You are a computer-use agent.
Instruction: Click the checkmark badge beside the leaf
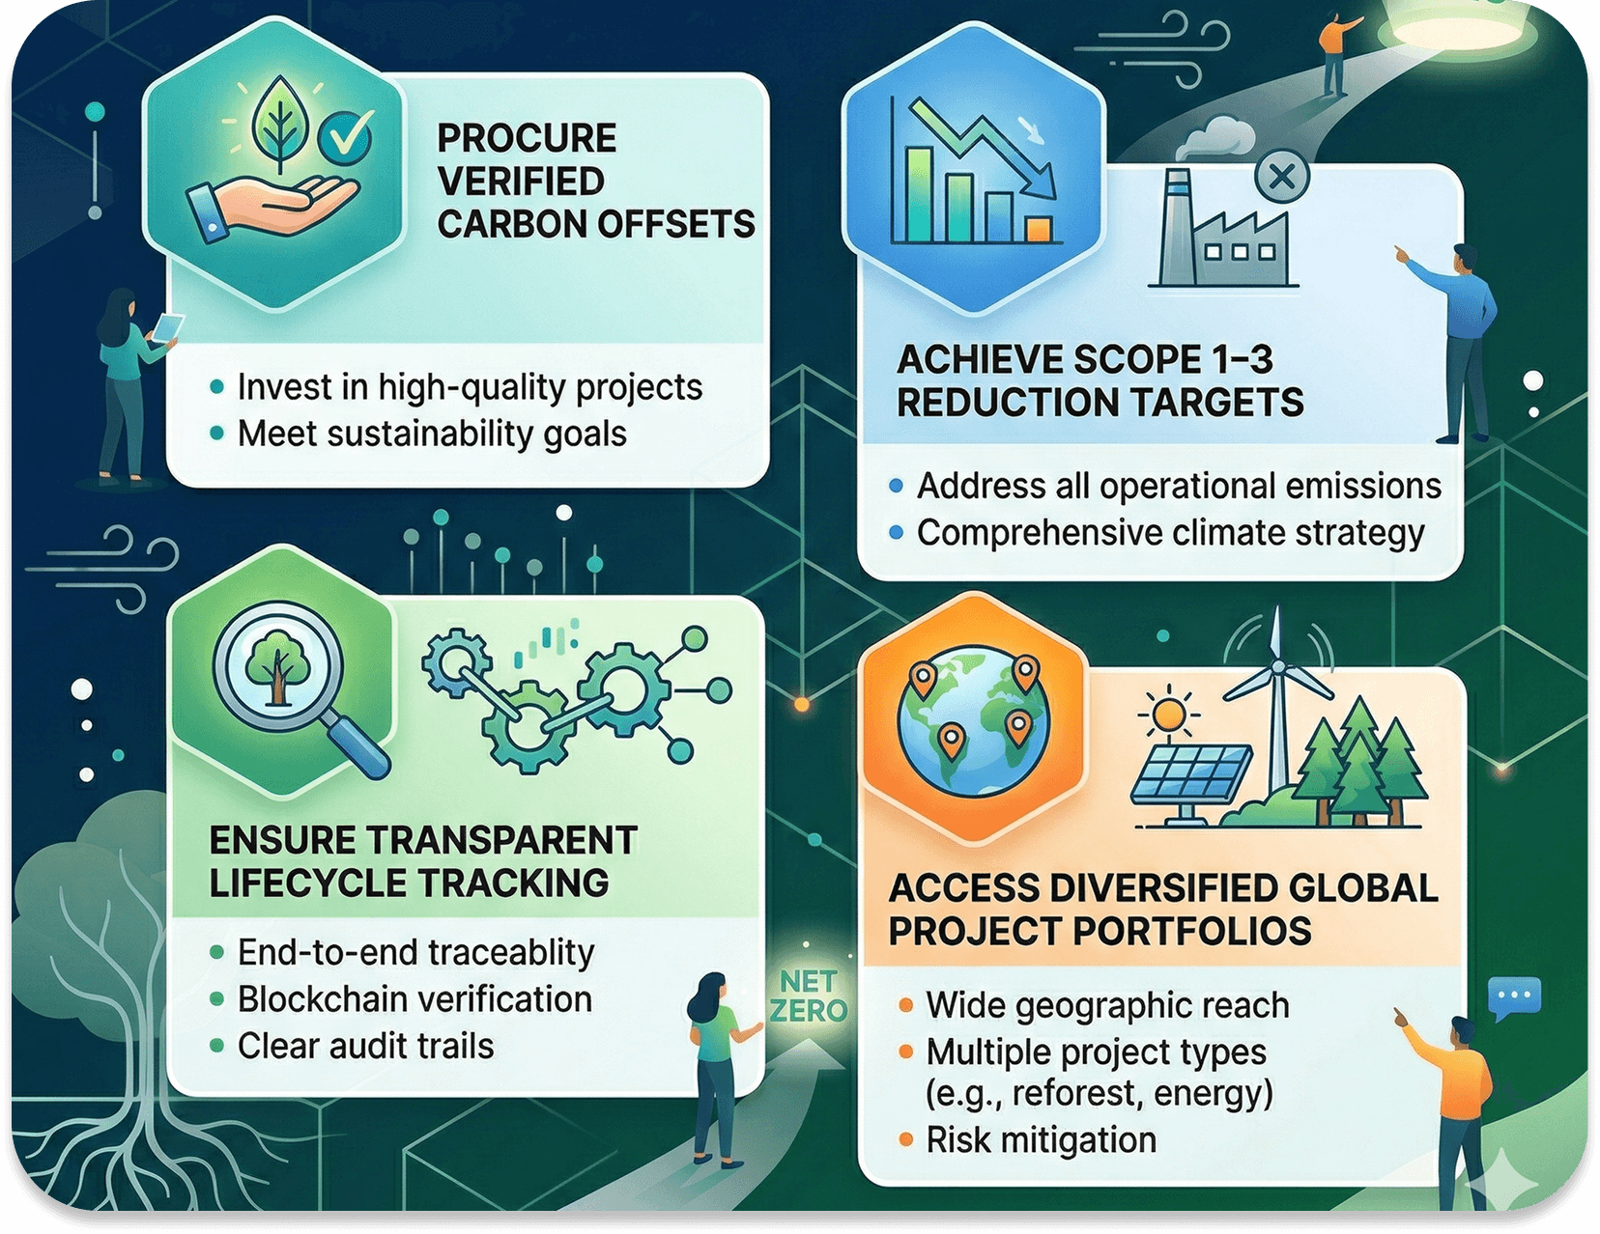tap(344, 138)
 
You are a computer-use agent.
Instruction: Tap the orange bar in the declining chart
tap(1040, 229)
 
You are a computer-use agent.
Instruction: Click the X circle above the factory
tap(1282, 177)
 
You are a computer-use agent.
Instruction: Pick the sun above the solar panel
tap(1168, 713)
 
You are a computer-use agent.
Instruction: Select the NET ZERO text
tap(809, 997)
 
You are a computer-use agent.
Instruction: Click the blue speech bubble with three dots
tap(1514, 997)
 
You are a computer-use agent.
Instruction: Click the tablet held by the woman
tap(168, 326)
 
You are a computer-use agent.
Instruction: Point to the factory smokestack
tap(1177, 227)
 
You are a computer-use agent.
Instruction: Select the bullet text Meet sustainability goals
tap(432, 435)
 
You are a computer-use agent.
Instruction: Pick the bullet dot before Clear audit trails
tap(216, 1046)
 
